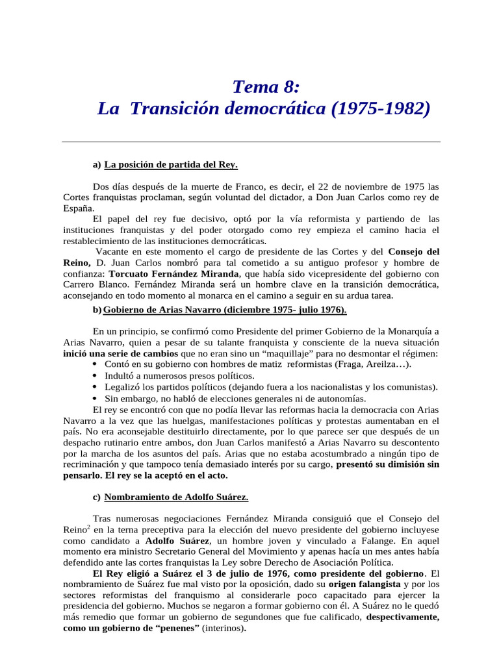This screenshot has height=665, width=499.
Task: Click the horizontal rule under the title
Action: (251, 142)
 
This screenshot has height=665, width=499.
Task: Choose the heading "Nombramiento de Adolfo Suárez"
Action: (176, 497)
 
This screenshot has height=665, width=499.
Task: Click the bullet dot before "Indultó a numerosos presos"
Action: (96, 376)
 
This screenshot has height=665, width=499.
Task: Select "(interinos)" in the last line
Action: (224, 629)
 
